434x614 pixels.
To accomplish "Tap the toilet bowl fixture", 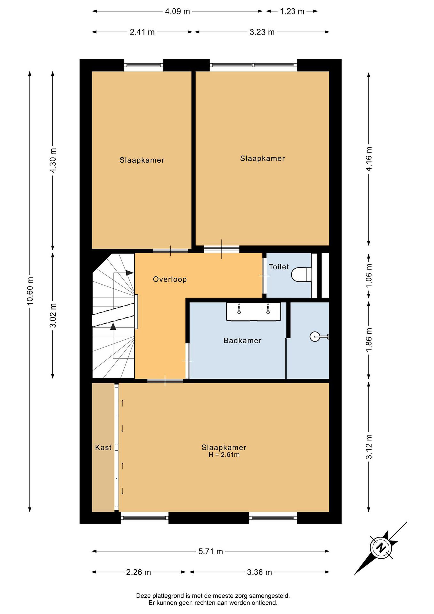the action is [x=301, y=274].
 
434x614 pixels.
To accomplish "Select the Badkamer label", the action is [x=242, y=340].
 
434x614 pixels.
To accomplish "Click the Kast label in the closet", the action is [x=103, y=447].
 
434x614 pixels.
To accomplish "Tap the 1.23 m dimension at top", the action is [x=292, y=12].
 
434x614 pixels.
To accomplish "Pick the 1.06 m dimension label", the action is [x=369, y=275].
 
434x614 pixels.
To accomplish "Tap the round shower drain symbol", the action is [x=314, y=336].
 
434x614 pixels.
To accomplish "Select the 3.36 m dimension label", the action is [x=259, y=572].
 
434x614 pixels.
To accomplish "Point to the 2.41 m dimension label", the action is [x=142, y=32].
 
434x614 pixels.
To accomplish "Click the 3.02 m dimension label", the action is [x=53, y=315].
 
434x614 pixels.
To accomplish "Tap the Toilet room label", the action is [x=279, y=267].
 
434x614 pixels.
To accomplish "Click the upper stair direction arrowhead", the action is [x=130, y=273].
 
